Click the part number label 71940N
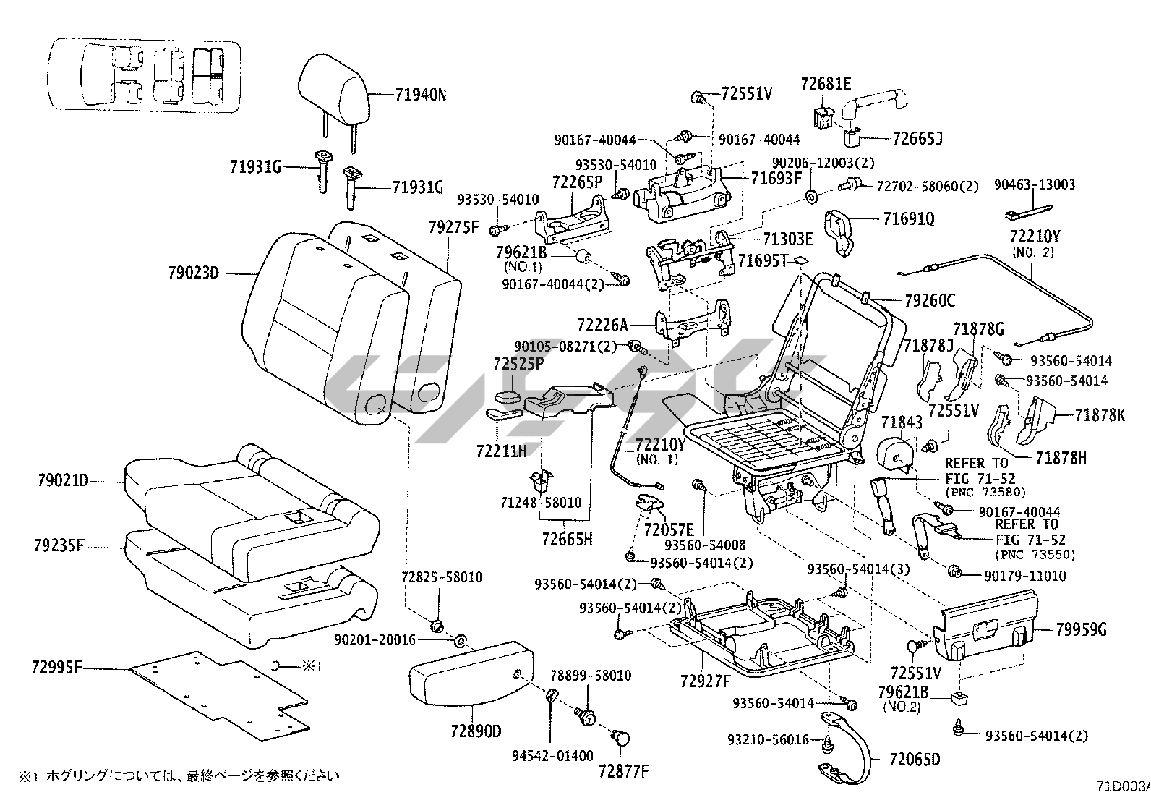(420, 94)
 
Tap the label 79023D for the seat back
(193, 273)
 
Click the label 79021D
(62, 480)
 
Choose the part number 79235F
(59, 544)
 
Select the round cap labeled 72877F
(620, 739)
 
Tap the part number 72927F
(705, 680)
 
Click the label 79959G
(1081, 629)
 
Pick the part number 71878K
(1100, 415)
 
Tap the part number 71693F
(776, 177)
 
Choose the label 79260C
(930, 299)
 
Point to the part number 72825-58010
(442, 577)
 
